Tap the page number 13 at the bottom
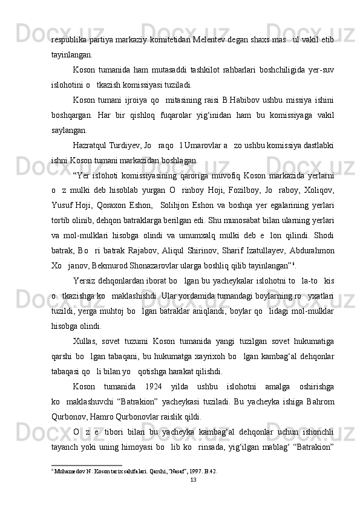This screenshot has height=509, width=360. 194,496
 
